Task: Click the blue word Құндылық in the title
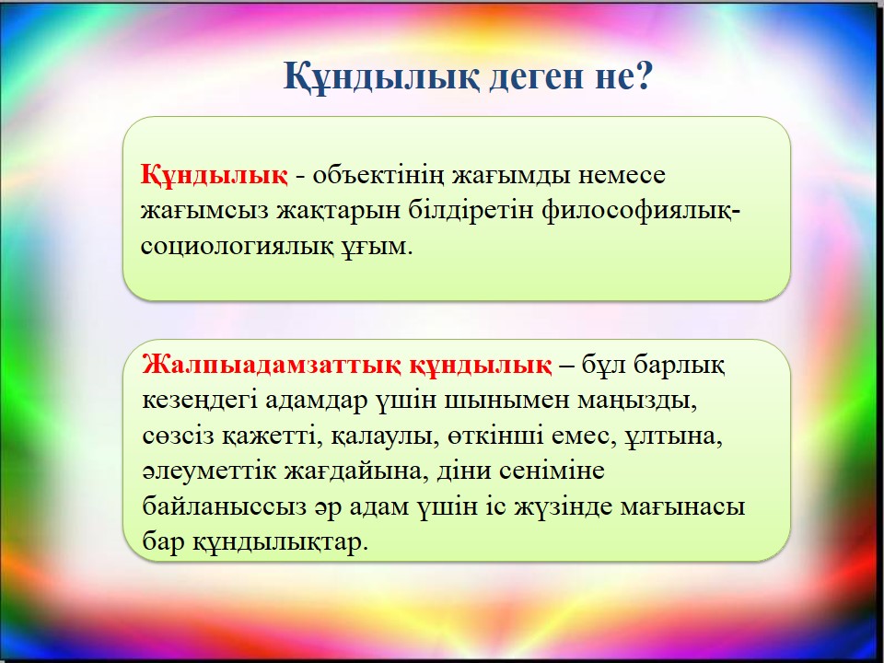coord(381,76)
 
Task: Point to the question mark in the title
coord(642,76)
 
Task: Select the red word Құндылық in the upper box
coord(214,175)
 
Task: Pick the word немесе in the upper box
coord(622,175)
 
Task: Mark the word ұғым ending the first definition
coord(374,248)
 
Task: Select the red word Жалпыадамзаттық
coord(272,366)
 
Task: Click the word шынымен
coord(501,401)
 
